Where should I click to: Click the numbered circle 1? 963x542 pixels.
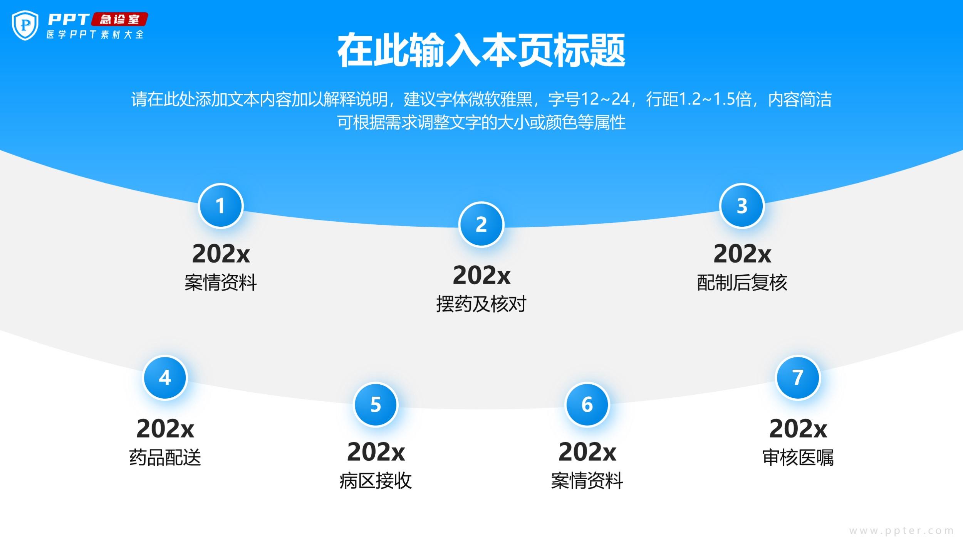(x=220, y=206)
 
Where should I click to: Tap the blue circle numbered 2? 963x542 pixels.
(x=481, y=224)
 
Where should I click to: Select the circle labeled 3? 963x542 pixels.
(x=742, y=206)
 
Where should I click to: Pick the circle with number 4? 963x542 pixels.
(x=165, y=377)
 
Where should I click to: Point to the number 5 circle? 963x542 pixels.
(x=376, y=405)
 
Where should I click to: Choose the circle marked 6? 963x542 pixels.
(x=587, y=405)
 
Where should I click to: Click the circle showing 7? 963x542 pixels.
(x=798, y=377)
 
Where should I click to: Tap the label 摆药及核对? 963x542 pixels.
(x=481, y=304)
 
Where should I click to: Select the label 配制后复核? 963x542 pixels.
(x=742, y=283)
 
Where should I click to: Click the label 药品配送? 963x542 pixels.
(x=165, y=458)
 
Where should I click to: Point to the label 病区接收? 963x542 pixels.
(x=376, y=481)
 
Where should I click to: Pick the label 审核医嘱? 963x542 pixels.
(x=798, y=458)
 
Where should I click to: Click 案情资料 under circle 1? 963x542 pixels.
(x=220, y=283)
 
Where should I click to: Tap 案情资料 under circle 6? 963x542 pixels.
(x=587, y=481)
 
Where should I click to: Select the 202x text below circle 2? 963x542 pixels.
(x=481, y=275)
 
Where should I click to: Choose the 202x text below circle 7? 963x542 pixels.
(x=798, y=429)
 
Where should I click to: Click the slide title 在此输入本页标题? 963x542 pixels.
(x=481, y=50)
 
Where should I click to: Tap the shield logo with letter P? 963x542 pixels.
(x=25, y=25)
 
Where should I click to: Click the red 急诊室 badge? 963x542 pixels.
(x=119, y=19)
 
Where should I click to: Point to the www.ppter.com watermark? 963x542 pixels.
(x=902, y=531)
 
